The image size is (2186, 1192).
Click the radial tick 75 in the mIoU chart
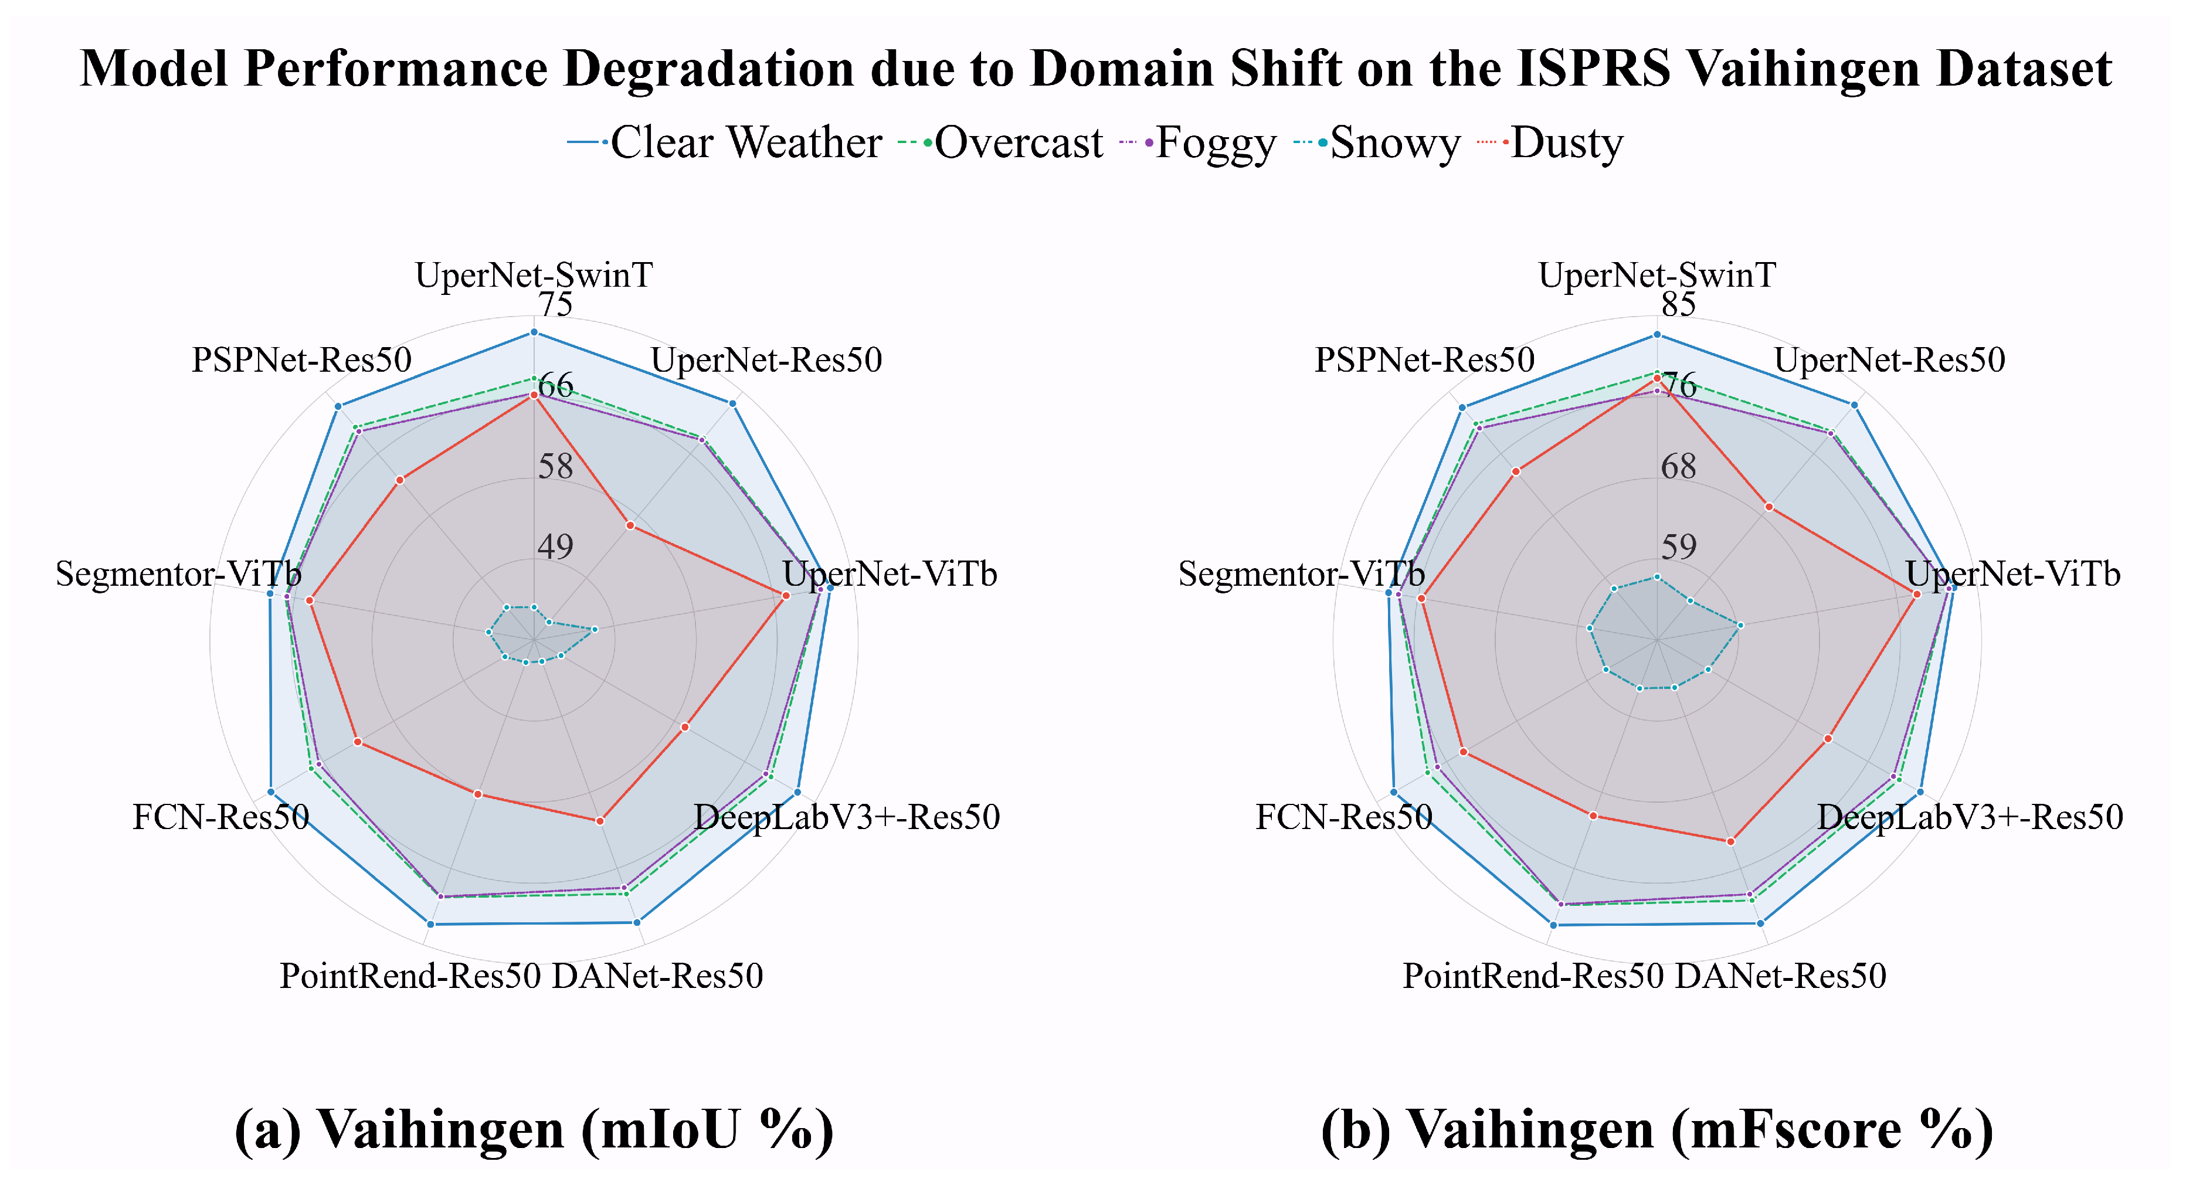pyautogui.click(x=556, y=304)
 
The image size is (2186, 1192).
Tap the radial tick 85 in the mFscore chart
pyautogui.click(x=1679, y=304)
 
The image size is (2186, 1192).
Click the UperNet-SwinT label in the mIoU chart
pyautogui.click(x=534, y=275)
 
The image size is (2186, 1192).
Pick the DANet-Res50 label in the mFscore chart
pyautogui.click(x=1780, y=976)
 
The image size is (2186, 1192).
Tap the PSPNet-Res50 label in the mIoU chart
pyautogui.click(x=301, y=360)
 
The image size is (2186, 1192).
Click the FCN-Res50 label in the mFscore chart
pyautogui.click(x=1343, y=817)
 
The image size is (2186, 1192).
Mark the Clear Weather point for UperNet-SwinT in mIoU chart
pyautogui.click(x=534, y=332)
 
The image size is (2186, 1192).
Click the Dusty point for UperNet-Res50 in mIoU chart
pyautogui.click(x=630, y=525)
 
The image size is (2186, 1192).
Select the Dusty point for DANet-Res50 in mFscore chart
pyautogui.click(x=1730, y=841)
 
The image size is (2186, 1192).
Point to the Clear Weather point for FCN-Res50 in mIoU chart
pyautogui.click(x=271, y=792)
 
